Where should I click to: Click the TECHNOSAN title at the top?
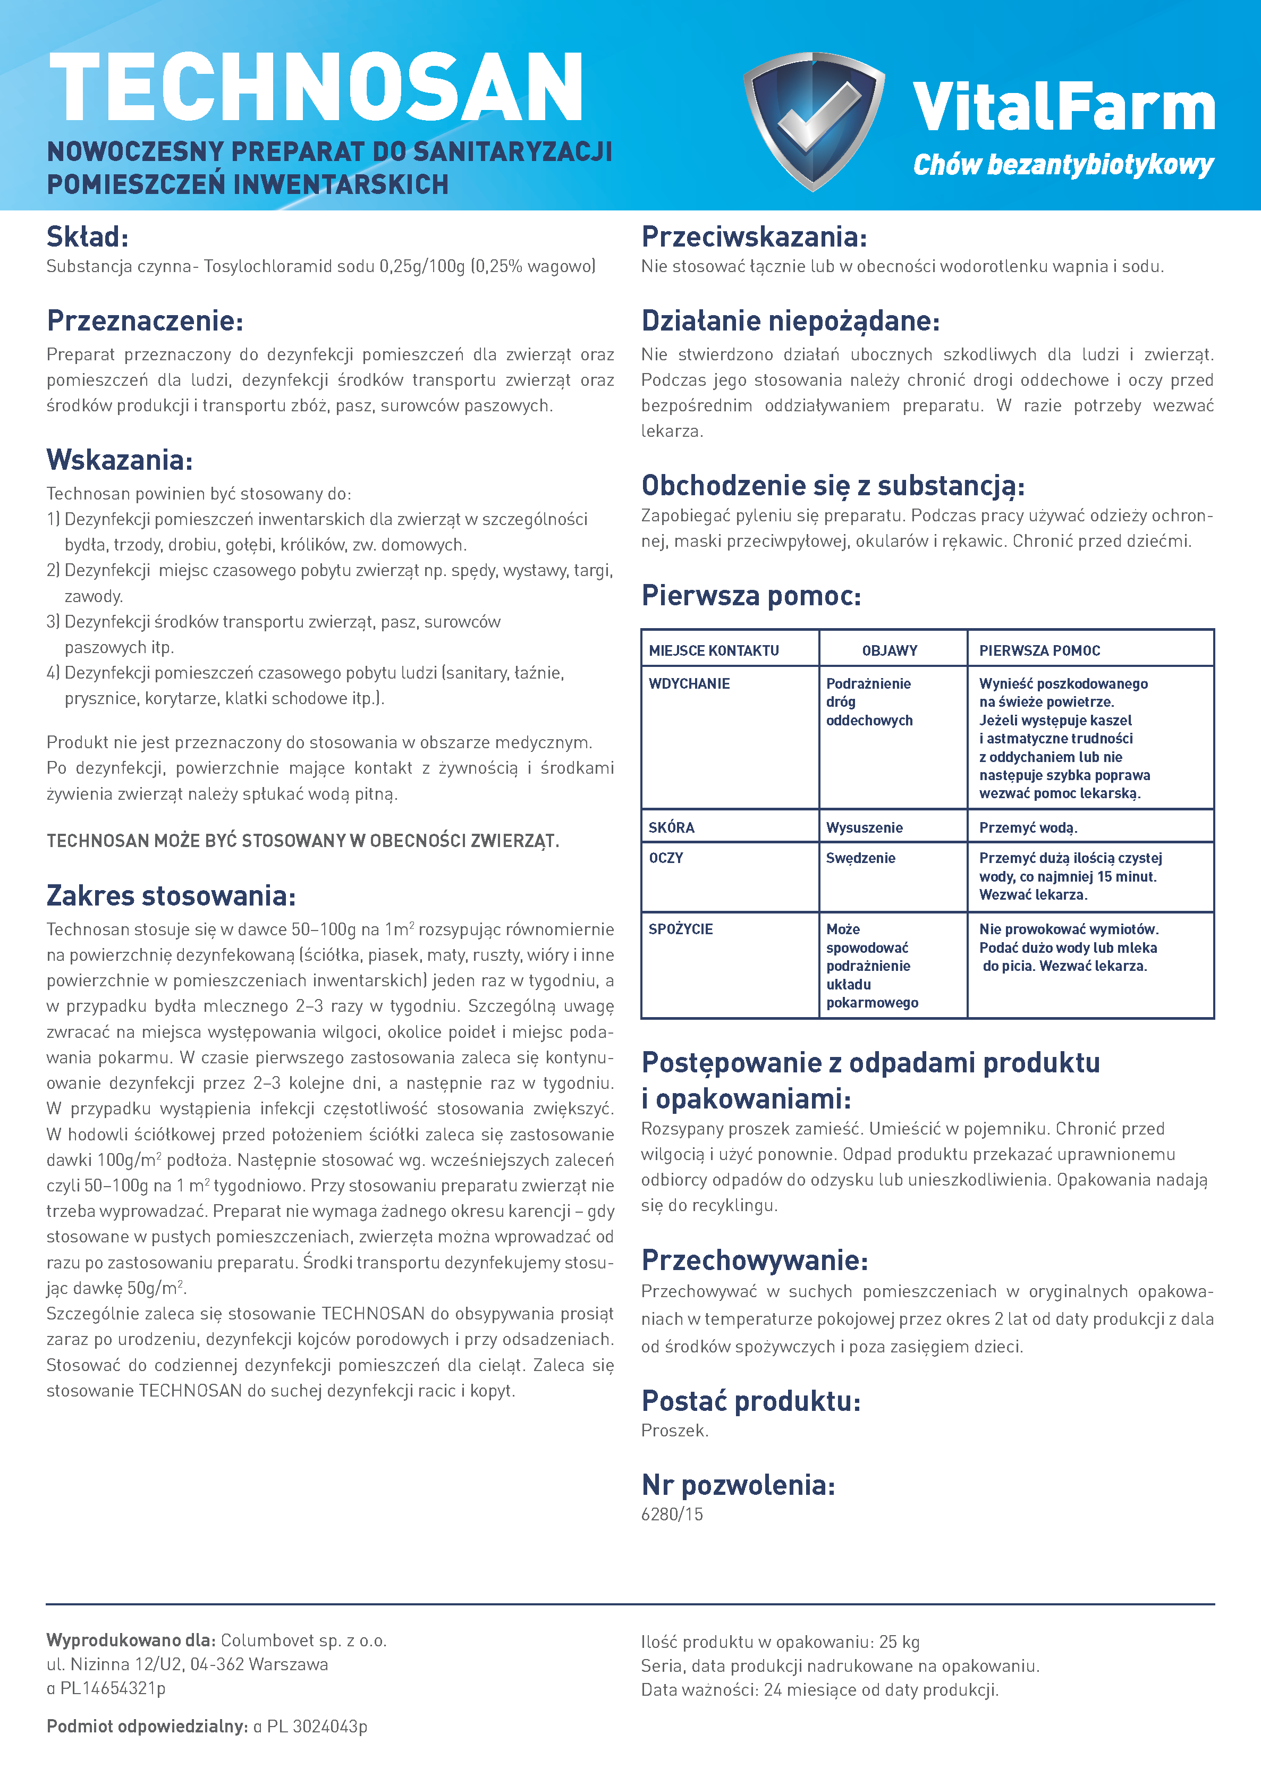click(x=316, y=87)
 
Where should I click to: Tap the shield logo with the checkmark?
click(x=813, y=121)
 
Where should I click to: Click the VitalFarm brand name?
click(x=1063, y=107)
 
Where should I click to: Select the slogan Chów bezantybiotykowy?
click(x=1063, y=165)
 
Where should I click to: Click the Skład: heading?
click(x=87, y=236)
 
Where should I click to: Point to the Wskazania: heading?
click(x=119, y=460)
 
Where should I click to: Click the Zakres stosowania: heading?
click(x=171, y=895)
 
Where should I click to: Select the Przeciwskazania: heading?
click(x=754, y=236)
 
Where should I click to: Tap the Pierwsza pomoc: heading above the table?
click(x=750, y=596)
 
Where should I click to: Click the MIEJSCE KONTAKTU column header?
click(x=714, y=651)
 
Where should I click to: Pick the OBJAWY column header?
click(x=890, y=651)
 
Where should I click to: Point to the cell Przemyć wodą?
click(x=1028, y=828)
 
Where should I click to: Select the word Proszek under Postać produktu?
click(x=674, y=1431)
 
